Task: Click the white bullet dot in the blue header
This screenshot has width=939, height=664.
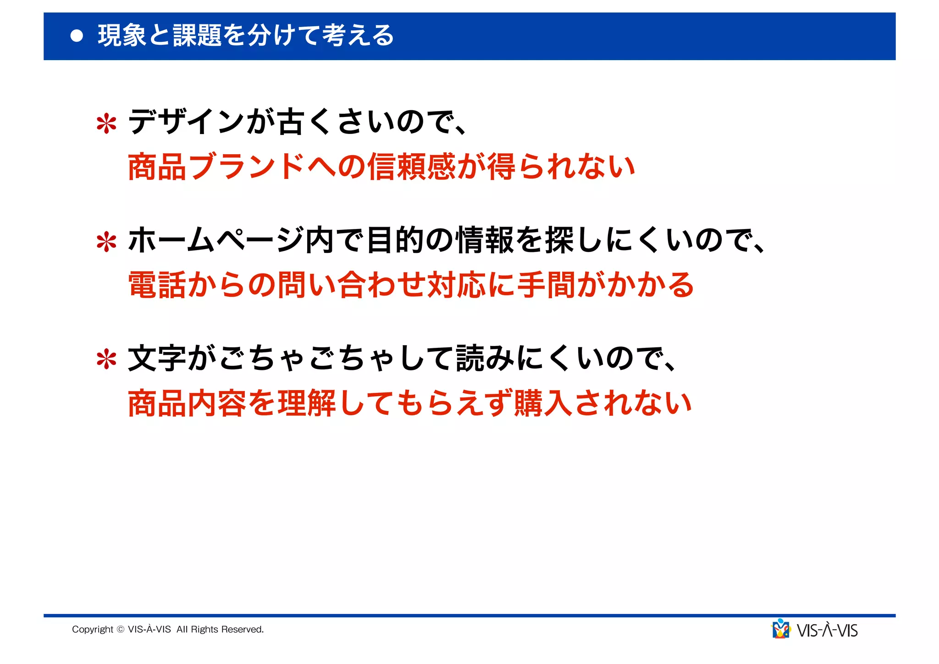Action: point(77,36)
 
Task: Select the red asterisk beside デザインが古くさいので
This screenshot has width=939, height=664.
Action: point(106,123)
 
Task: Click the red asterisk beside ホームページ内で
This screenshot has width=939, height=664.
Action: point(106,242)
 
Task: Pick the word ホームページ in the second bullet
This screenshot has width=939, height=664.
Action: point(216,240)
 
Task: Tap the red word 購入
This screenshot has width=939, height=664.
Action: point(544,403)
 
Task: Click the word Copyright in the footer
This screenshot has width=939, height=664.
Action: point(92,629)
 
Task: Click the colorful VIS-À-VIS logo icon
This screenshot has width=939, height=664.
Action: point(781,629)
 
